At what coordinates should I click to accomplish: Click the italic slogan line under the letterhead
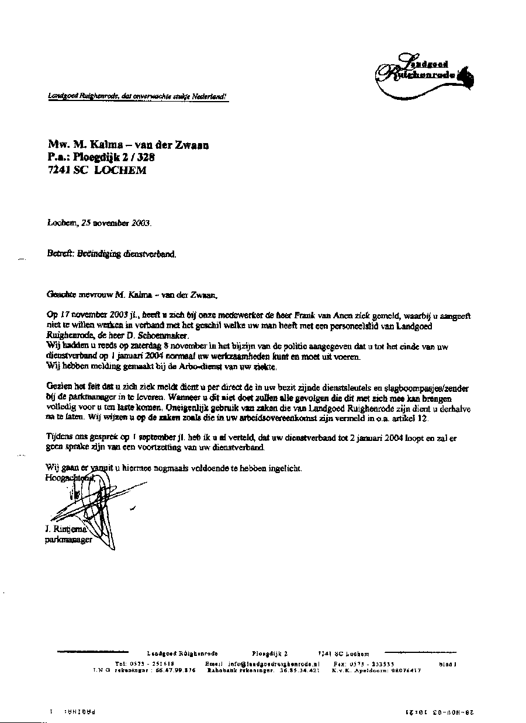click(137, 96)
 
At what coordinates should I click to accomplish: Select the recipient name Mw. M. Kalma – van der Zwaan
click(129, 145)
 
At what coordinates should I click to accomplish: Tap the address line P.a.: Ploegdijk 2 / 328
click(102, 157)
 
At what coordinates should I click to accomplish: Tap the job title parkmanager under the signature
click(68, 540)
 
